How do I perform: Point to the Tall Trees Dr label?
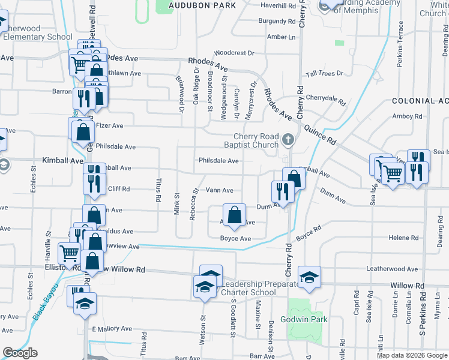[324, 73]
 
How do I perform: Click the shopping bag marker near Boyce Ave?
[234, 214]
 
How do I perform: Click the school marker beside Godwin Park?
[309, 277]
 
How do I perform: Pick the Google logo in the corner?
[20, 353]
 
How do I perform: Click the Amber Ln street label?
[282, 37]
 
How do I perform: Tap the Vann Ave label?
[219, 190]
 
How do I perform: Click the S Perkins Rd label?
[423, 316]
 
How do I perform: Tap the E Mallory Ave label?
[112, 329]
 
